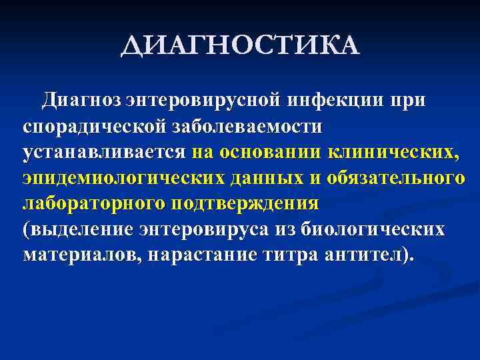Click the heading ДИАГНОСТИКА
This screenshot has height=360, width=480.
tap(241, 47)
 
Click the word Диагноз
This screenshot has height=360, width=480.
tap(82, 100)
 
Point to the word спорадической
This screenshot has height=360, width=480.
tap(97, 125)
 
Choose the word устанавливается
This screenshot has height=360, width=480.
tap(104, 151)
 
